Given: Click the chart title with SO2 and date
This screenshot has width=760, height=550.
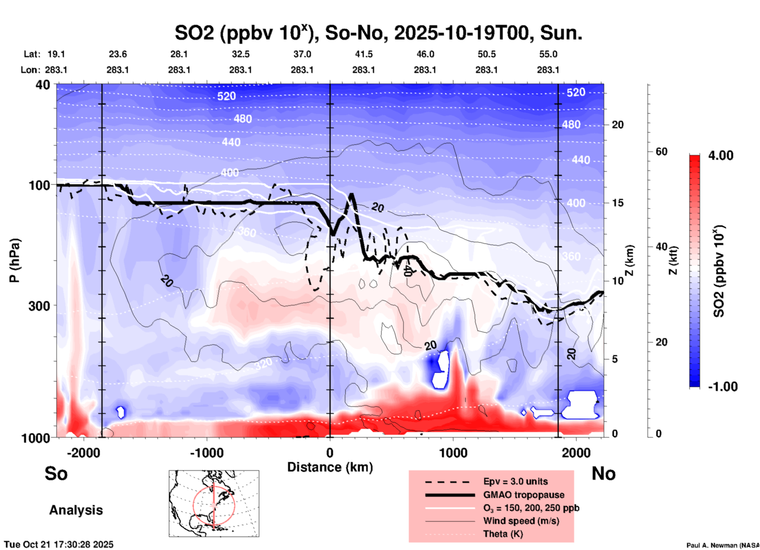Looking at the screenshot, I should pos(378,33).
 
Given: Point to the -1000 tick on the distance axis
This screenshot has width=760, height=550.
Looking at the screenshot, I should pos(206,453).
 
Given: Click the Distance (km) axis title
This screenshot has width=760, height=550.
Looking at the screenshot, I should pos(330,467).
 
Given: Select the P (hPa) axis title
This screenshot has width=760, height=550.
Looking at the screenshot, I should pos(15,260).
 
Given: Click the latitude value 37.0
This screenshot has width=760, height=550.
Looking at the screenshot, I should pos(302,54).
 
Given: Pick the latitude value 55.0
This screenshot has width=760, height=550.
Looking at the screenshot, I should pos(548,54).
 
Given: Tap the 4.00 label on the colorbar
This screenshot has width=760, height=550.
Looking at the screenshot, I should pos(721,155).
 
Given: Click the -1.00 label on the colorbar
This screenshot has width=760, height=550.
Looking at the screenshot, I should pos(723,387).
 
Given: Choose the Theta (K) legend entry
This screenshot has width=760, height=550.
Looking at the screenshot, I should pos(503,534).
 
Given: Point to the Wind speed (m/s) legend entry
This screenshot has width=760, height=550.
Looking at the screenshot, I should pos(521,521).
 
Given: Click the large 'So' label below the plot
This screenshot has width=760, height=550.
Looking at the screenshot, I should pos(56,473).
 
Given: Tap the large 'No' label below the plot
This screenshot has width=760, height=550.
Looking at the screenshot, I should pos(603,473).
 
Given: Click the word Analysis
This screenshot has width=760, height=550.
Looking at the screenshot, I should pos(76,510).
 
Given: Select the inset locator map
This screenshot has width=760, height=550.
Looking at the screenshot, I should pos(214,503).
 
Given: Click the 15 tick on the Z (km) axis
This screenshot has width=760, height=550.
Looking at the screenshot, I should pos(617,203).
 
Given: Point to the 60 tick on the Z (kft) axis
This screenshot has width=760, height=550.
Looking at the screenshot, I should pos(661,152).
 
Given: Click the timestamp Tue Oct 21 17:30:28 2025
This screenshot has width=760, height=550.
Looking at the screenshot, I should pos(59,544).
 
